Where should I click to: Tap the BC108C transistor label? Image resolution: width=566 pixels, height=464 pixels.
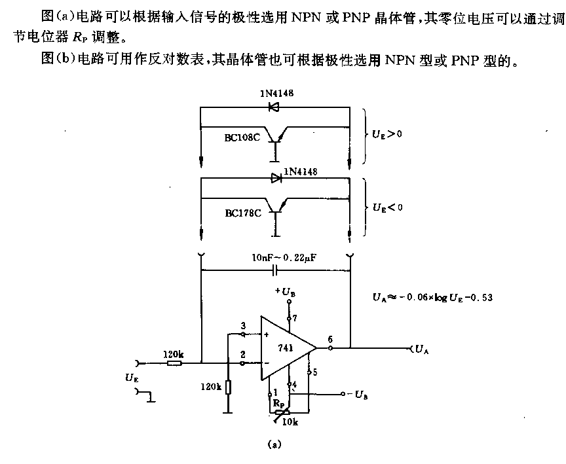[x=242, y=138]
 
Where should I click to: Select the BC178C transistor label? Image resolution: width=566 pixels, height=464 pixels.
[x=243, y=213]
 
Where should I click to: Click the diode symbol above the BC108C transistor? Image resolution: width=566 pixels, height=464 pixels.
[x=274, y=107]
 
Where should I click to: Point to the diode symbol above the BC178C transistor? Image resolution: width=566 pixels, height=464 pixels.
[x=276, y=178]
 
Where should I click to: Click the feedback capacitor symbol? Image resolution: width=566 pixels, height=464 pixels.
[x=274, y=270]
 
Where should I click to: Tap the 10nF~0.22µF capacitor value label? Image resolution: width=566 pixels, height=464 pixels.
[x=284, y=258]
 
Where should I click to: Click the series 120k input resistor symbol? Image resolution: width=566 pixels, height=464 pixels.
[x=174, y=363]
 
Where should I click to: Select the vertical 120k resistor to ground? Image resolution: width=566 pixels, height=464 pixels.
[x=228, y=388]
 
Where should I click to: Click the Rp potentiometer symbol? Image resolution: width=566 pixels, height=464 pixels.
[x=282, y=413]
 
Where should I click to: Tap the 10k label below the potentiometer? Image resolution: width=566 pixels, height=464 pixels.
[x=290, y=422]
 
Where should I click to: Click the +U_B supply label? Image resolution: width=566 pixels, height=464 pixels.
[x=285, y=291]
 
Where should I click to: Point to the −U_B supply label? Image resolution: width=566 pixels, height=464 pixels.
[x=358, y=395]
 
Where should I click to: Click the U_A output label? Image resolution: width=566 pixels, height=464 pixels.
[x=422, y=349]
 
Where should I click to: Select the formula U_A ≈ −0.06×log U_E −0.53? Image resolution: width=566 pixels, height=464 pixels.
[x=432, y=297]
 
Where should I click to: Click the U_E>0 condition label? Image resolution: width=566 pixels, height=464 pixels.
[x=387, y=134]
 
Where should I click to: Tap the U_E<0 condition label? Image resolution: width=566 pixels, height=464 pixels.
[x=388, y=207]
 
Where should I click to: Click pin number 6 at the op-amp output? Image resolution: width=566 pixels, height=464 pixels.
[x=330, y=339]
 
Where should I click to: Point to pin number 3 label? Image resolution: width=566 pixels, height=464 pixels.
[x=243, y=325]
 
